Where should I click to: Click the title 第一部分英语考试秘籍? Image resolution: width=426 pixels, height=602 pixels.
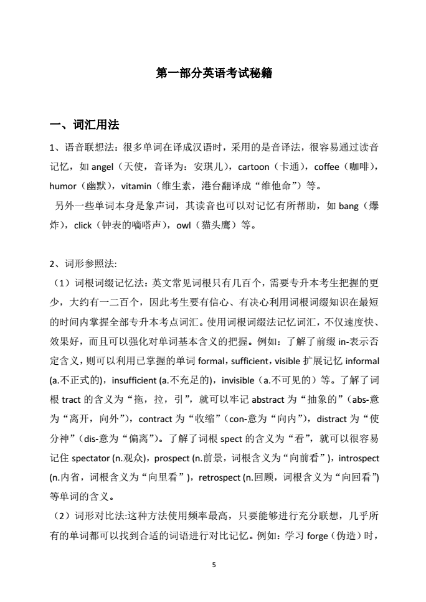(x=213, y=73)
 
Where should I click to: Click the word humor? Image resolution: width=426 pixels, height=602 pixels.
(x=62, y=185)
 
